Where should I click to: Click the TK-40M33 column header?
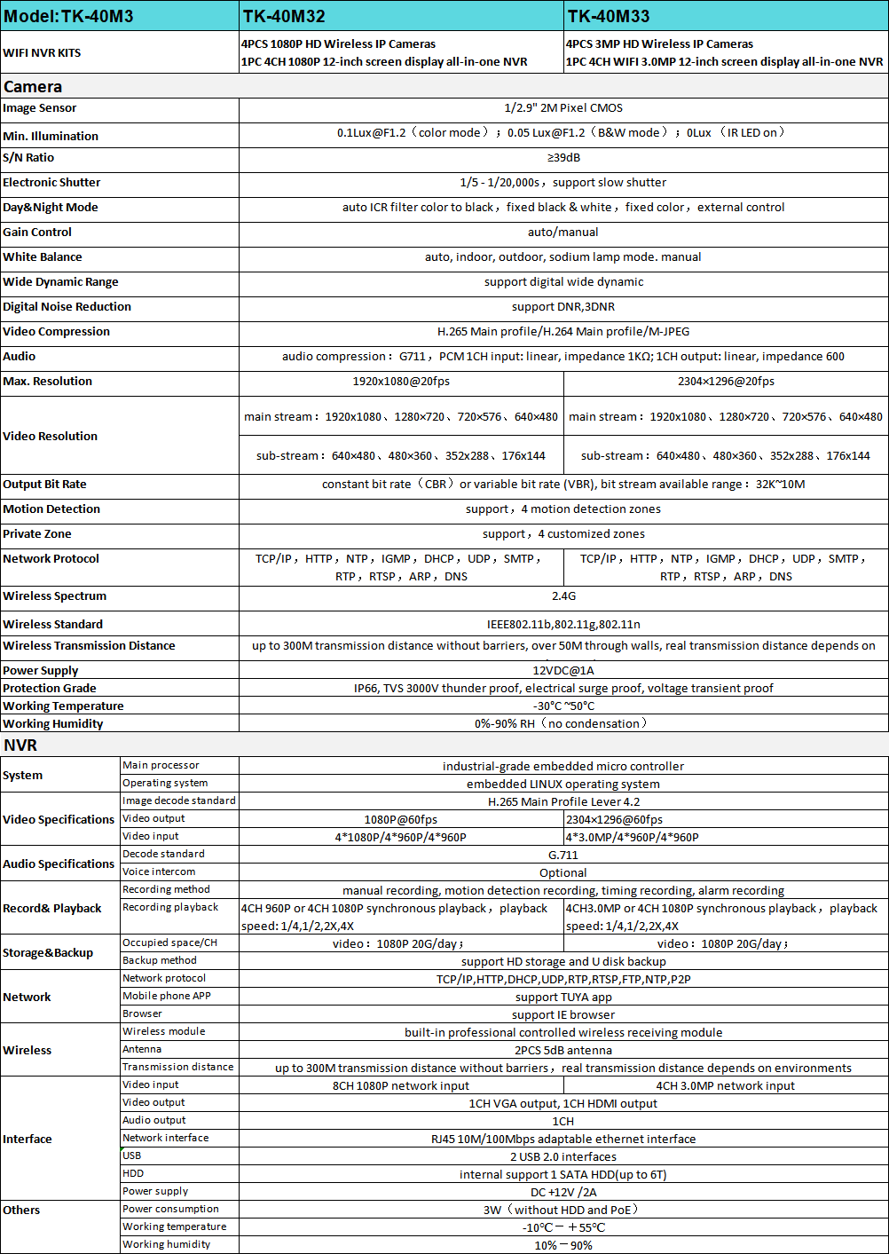(x=609, y=16)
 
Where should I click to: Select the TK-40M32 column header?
(x=284, y=16)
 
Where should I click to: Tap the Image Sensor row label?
(x=40, y=108)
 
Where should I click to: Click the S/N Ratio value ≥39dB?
(x=563, y=158)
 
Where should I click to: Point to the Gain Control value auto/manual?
(x=563, y=233)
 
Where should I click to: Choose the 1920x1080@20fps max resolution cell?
(x=401, y=382)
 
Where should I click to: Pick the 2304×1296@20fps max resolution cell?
(x=726, y=382)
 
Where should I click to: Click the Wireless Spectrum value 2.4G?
(x=563, y=596)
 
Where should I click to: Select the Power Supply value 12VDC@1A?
(x=563, y=671)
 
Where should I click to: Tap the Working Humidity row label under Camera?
(x=53, y=724)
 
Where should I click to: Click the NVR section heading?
(x=20, y=745)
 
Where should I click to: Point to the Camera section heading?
(x=33, y=87)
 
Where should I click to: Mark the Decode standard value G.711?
(x=563, y=856)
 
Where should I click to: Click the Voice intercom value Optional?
(x=563, y=873)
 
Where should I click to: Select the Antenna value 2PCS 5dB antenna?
(x=563, y=1051)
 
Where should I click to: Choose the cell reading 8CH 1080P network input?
(x=401, y=1086)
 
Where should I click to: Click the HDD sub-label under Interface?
(x=133, y=1173)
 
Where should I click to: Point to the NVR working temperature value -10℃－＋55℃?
(x=563, y=1228)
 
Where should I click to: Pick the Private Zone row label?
(x=37, y=534)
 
